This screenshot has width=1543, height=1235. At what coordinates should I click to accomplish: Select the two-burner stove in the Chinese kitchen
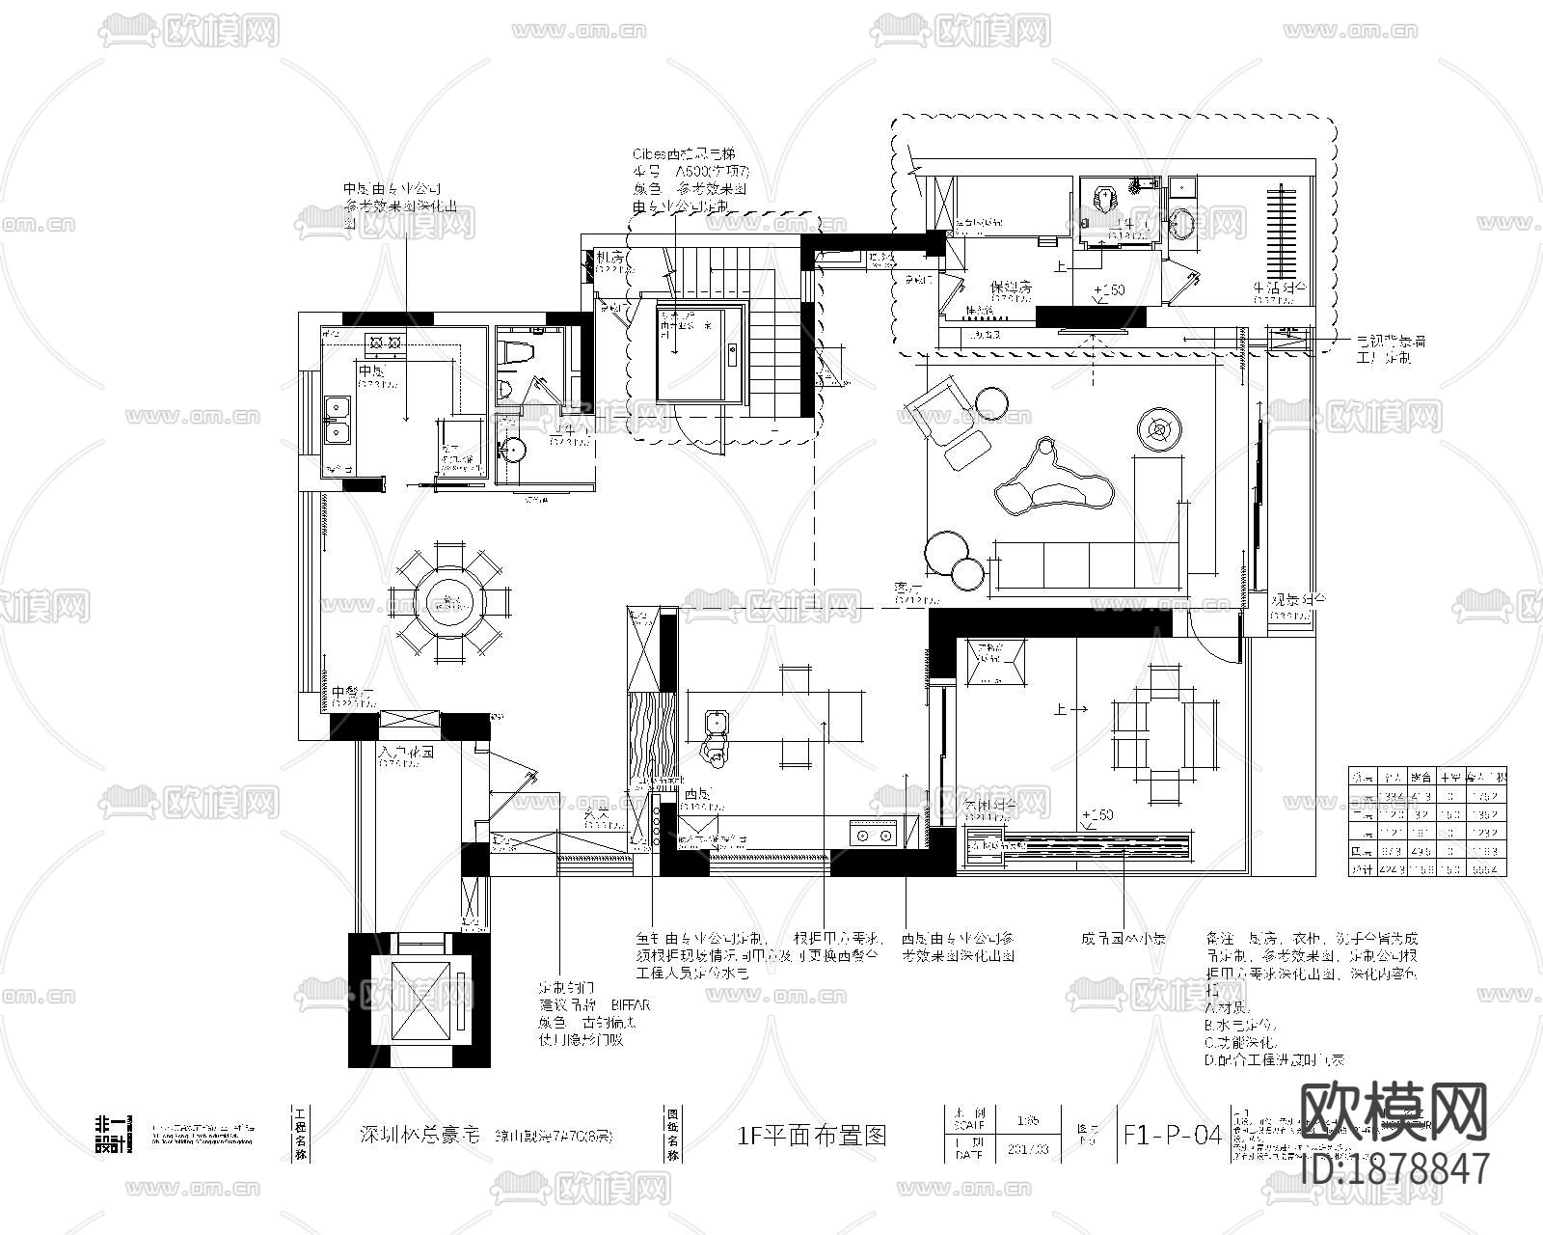pyautogui.click(x=386, y=340)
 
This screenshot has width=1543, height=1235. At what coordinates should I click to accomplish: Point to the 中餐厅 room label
pyautogui.click(x=352, y=693)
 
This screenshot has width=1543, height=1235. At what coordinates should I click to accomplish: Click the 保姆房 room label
pyautogui.click(x=1012, y=288)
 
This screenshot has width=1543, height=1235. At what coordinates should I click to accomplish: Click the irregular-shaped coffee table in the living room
pyautogui.click(x=1054, y=481)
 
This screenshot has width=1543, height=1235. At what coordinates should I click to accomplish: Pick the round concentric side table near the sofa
pyautogui.click(x=1160, y=426)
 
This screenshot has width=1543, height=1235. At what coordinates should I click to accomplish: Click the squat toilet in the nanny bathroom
pyautogui.click(x=1103, y=200)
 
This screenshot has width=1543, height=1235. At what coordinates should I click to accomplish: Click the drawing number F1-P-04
pyautogui.click(x=1173, y=1135)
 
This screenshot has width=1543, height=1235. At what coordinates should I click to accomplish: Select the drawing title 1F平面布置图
pyautogui.click(x=811, y=1135)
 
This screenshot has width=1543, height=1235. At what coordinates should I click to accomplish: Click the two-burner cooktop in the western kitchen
pyautogui.click(x=874, y=835)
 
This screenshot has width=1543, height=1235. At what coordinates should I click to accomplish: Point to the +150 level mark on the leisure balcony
pyautogui.click(x=1096, y=815)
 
